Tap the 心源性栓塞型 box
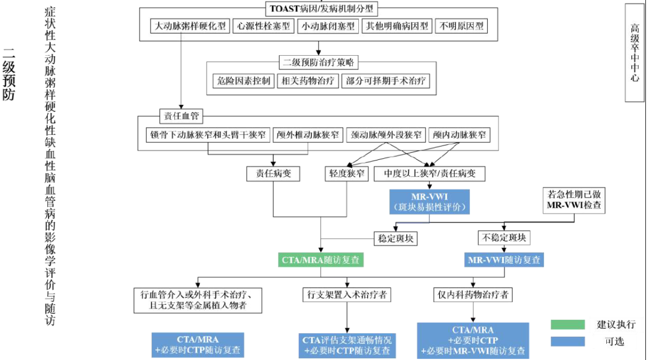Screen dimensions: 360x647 coord(264,26)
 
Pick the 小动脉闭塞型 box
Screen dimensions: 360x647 coord(329,26)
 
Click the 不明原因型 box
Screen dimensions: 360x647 coord(462,26)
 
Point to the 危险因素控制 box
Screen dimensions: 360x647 coord(243,81)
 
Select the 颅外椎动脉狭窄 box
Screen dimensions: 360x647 coord(308,135)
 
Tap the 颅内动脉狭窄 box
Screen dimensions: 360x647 coord(459,135)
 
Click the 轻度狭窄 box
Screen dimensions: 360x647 coord(346,174)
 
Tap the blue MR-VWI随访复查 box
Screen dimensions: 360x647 coord(504,260)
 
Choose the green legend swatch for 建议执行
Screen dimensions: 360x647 coord(568,325)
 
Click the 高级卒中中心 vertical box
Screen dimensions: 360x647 coord(634,53)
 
